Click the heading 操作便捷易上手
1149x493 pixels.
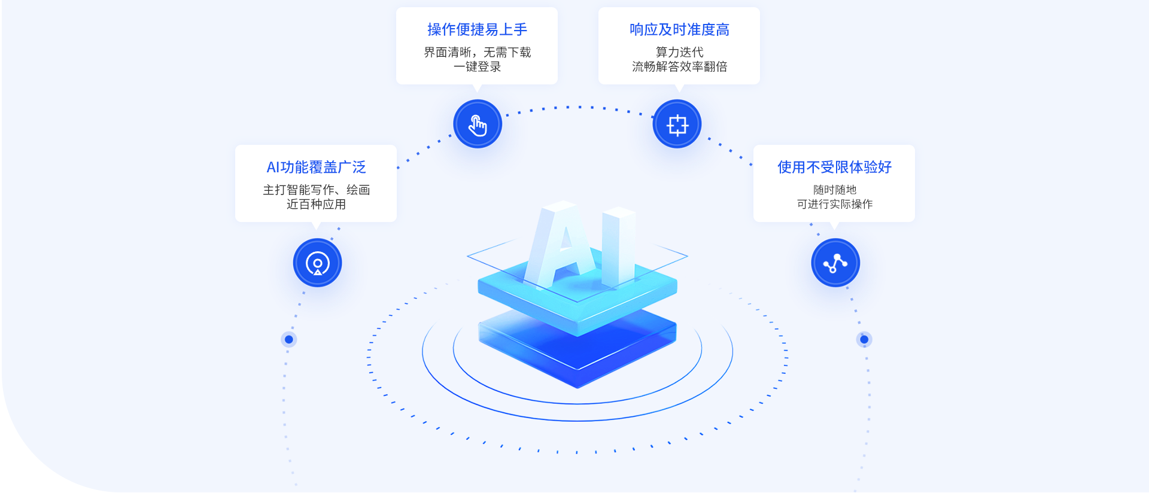(477, 29)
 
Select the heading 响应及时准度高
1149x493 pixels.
(679, 29)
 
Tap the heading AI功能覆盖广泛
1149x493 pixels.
(316, 167)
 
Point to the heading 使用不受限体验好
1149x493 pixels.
(834, 167)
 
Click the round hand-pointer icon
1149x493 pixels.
(478, 124)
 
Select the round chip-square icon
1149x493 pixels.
(677, 124)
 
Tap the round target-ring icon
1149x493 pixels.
(317, 263)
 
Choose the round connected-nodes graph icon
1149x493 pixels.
(835, 263)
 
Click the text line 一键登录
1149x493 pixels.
(477, 67)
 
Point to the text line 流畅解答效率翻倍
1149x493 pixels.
(679, 67)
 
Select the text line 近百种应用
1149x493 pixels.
(316, 205)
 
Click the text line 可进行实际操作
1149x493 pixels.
(834, 205)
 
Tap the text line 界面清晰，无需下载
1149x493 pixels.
(477, 52)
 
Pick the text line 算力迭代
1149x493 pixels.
(679, 52)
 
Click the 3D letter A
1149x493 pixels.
(560, 245)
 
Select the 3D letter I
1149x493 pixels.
(619, 245)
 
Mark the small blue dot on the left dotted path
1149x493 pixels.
(289, 339)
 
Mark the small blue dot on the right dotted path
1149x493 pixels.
(864, 339)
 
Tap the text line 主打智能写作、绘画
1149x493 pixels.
(316, 190)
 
